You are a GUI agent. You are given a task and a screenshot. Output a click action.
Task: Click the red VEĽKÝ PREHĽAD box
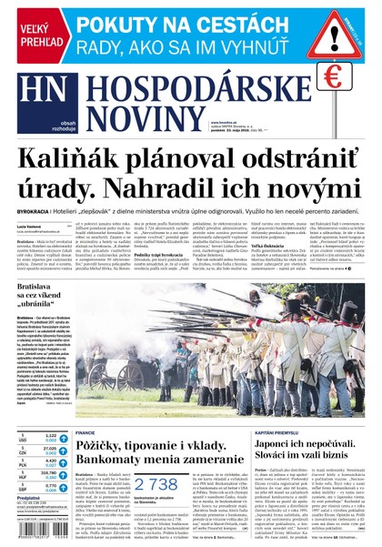click(x=35, y=36)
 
